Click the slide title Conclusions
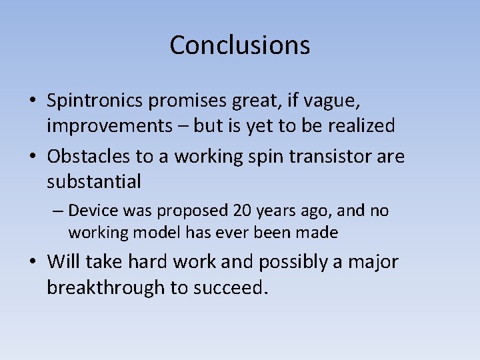click(239, 45)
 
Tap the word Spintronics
click(95, 101)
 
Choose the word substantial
click(94, 181)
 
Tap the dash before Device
click(59, 211)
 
